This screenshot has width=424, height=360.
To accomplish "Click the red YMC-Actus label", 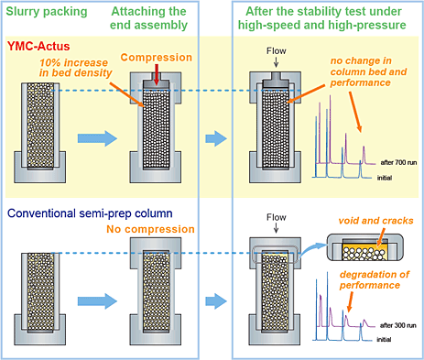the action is tap(38, 47).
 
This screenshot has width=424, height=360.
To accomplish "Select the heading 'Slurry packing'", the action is tap(47, 12).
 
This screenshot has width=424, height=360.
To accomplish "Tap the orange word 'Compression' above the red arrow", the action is tap(157, 58).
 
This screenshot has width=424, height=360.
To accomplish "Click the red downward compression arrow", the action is tap(157, 74).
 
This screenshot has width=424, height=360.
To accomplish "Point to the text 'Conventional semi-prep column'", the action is tap(90, 213).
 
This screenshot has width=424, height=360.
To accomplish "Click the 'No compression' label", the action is tap(150, 229).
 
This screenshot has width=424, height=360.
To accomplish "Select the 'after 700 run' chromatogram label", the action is tap(398, 162).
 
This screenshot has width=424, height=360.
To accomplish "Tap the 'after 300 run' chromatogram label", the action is tap(398, 325).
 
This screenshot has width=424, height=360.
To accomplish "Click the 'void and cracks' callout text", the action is tap(375, 221).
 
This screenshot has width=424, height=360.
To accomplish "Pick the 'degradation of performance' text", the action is tap(375, 279).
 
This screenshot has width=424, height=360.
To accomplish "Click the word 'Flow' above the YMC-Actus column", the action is tap(277, 50).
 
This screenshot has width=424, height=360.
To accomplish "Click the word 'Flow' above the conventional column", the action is tap(277, 217).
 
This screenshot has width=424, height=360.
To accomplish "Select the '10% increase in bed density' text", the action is tap(75, 68).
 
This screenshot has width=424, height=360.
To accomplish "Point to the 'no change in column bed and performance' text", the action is tap(368, 71).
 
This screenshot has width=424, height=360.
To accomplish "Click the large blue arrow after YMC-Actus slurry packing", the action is tap(97, 138).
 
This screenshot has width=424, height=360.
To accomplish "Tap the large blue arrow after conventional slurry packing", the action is tap(97, 301).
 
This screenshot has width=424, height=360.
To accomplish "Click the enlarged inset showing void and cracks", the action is tap(364, 247).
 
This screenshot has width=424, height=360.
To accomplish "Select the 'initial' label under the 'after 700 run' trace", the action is tap(385, 178).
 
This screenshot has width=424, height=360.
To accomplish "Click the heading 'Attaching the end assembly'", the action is tap(148, 18).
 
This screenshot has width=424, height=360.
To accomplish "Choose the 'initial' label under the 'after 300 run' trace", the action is tap(384, 339).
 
